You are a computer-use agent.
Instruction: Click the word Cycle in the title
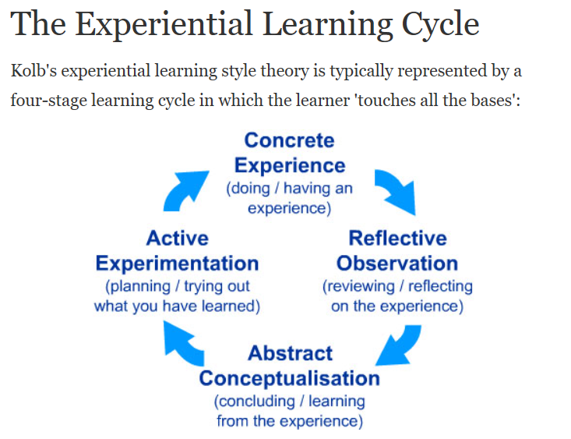click(440, 25)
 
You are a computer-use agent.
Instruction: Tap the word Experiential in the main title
click(164, 25)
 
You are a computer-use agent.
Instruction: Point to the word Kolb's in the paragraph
click(33, 70)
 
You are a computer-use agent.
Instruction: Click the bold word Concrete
click(289, 140)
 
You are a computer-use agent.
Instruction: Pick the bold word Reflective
click(397, 238)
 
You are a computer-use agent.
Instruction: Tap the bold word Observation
click(397, 264)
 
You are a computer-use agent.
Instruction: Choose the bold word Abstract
click(291, 353)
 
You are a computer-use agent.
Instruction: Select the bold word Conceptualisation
click(290, 378)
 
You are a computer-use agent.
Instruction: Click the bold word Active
click(178, 238)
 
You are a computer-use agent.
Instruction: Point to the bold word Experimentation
click(177, 264)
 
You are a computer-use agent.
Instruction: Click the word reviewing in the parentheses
click(358, 287)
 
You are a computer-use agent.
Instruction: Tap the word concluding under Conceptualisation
click(254, 402)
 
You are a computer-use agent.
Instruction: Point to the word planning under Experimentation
click(138, 287)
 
